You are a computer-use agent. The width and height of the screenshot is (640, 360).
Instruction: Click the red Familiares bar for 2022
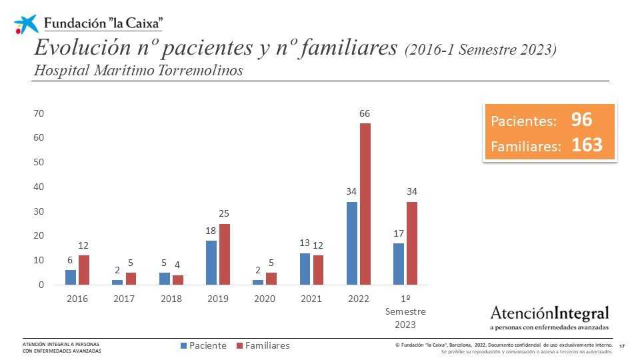365,204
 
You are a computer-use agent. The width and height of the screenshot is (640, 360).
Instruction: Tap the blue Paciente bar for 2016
71,277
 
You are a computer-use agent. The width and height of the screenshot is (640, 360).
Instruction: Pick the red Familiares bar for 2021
318,270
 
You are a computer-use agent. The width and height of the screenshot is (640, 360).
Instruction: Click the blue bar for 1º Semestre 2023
398,264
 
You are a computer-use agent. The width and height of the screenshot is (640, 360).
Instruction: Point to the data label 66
365,114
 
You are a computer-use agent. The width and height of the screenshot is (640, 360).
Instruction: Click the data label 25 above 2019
225,214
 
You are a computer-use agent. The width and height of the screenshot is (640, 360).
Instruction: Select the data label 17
398,233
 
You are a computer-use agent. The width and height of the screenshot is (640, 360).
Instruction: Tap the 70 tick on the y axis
39,113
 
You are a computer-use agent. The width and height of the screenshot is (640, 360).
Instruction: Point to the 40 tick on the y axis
39,187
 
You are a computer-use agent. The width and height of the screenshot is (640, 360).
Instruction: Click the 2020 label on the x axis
265,299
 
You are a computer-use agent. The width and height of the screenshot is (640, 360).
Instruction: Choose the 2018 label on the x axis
171,299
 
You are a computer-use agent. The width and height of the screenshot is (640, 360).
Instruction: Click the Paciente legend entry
203,345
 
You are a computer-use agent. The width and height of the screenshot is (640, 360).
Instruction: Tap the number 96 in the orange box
581,120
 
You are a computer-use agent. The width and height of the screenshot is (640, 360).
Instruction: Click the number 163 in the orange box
587,145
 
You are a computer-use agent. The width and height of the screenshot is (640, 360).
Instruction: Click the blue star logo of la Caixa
27,24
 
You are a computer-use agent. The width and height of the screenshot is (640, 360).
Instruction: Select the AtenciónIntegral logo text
549,313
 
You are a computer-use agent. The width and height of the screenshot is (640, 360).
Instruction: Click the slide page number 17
622,346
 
